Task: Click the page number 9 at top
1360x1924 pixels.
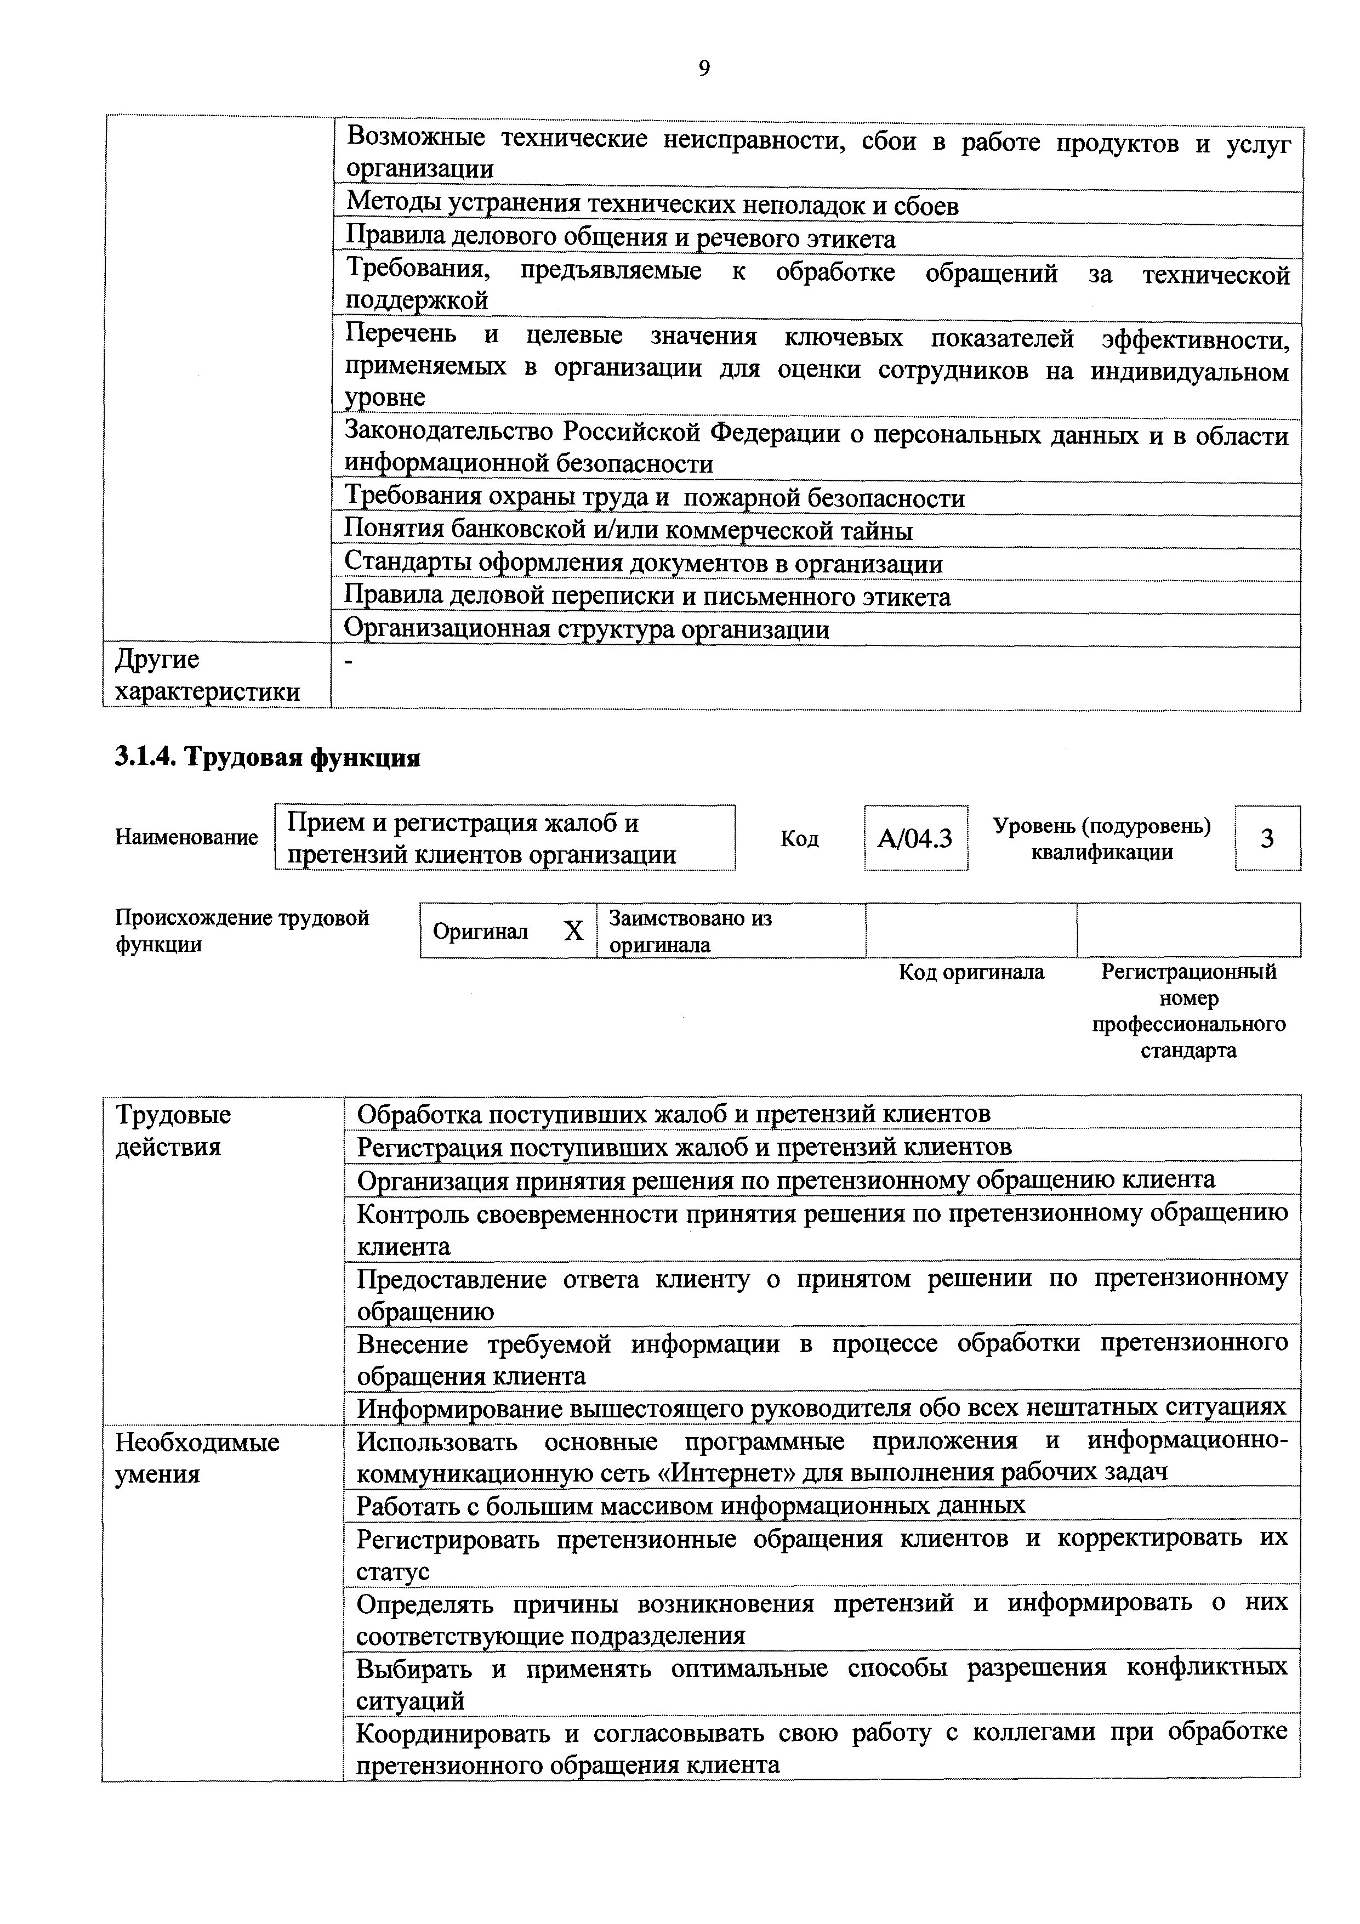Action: pos(704,69)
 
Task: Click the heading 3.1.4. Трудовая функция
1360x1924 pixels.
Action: pos(266,758)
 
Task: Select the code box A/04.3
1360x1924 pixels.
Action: pos(915,838)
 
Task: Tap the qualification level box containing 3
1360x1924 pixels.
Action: pos(1266,838)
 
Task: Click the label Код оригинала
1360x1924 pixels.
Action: pos(971,972)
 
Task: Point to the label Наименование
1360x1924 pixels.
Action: pos(186,837)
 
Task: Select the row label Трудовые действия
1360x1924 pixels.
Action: pos(173,1131)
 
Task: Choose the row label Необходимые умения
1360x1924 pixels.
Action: pos(197,1457)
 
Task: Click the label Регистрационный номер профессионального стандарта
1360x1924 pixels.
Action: pos(1188,1011)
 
